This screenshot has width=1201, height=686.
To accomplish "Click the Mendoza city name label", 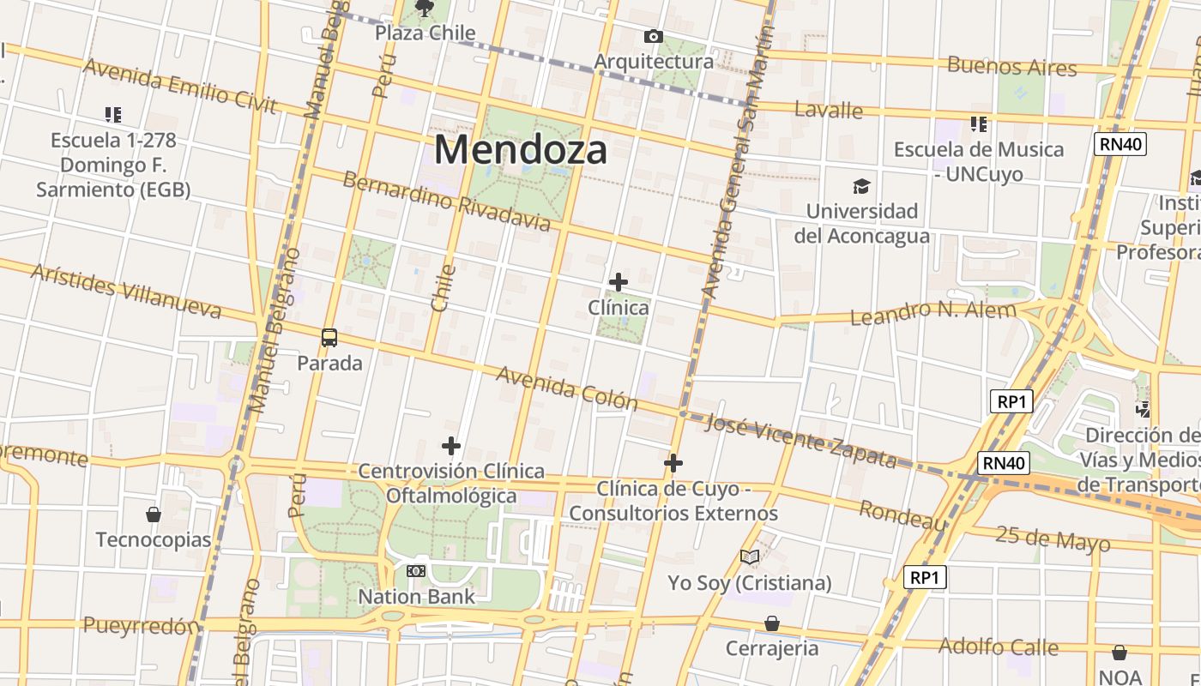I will coord(521,149).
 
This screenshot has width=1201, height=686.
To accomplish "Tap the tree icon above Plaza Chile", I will coord(424,9).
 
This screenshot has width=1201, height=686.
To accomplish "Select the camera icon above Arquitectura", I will coord(653,36).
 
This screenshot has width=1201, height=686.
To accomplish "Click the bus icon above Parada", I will coord(329,337).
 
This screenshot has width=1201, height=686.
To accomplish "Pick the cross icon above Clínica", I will coord(618,281).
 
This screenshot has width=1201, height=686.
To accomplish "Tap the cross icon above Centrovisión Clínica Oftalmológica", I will coord(451,445).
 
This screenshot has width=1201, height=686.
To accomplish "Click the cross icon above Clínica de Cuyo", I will coord(673,463).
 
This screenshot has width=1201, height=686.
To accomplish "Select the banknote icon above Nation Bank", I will coord(416,570).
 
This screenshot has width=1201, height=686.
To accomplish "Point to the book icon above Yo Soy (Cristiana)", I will coord(750,557).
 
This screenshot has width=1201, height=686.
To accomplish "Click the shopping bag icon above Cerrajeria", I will coord(772,623).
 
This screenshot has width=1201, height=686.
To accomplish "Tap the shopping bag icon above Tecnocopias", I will coord(154,514).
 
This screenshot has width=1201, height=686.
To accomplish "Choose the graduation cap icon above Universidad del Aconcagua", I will coord(861,186).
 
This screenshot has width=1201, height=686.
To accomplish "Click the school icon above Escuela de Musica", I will coord(979,124).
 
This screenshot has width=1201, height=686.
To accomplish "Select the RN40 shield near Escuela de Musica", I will coord(1121,143).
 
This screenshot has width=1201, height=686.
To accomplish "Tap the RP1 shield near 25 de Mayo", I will coord(926,577).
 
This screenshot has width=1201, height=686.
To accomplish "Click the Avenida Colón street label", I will coord(567,388).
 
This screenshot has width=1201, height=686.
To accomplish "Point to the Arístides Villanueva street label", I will coord(126,292).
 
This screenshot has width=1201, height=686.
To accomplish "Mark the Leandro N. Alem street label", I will coord(932,312).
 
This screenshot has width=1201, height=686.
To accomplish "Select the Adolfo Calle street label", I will coord(998,646).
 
